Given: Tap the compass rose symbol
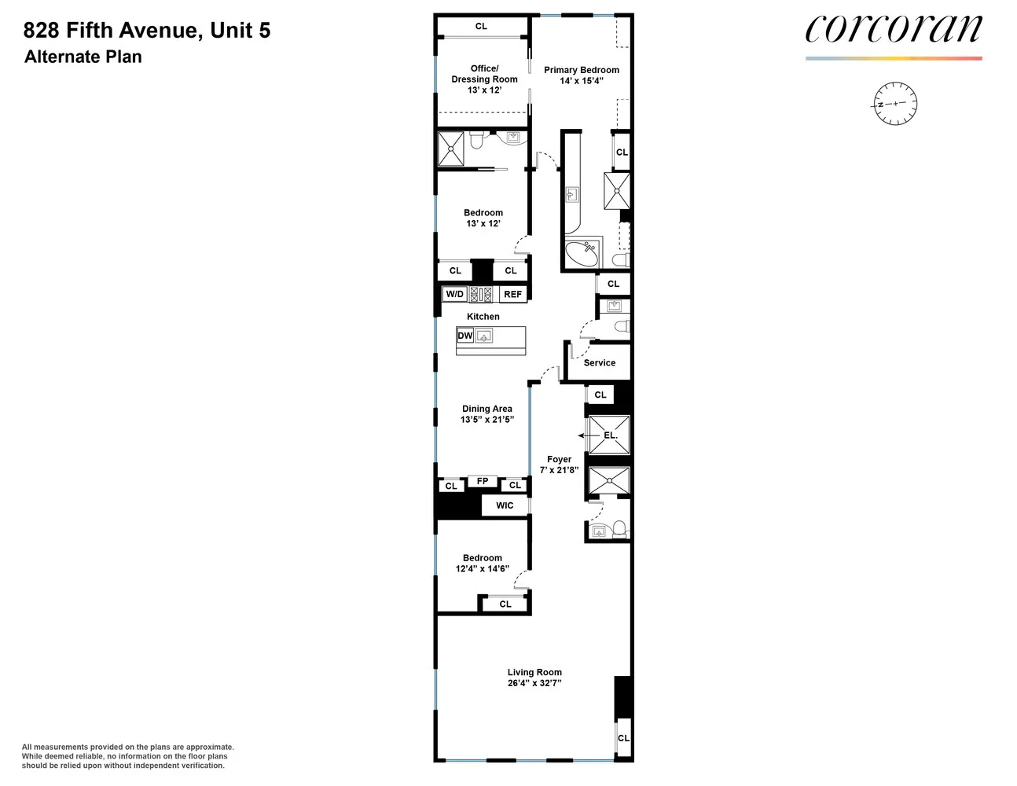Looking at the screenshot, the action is (895, 104).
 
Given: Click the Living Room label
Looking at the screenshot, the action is (534, 672).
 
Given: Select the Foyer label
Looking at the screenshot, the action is (560, 460).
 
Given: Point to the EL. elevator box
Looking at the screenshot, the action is (609, 435).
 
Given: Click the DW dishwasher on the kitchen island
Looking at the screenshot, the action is (464, 336).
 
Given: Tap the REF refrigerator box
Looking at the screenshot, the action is (513, 294).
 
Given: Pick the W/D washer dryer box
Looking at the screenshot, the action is (455, 294).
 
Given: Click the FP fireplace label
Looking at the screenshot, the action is (483, 481).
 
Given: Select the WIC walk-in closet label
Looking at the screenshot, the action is (505, 505).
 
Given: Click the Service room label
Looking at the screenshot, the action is (600, 362).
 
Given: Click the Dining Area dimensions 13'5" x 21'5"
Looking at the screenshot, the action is (487, 419).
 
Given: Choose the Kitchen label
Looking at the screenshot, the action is (483, 316).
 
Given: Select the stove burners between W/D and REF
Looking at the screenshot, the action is (481, 294).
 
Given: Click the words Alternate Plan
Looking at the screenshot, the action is (83, 57).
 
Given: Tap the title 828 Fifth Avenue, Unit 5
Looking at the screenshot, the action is (147, 30).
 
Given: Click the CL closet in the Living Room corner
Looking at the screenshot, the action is (623, 738).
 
